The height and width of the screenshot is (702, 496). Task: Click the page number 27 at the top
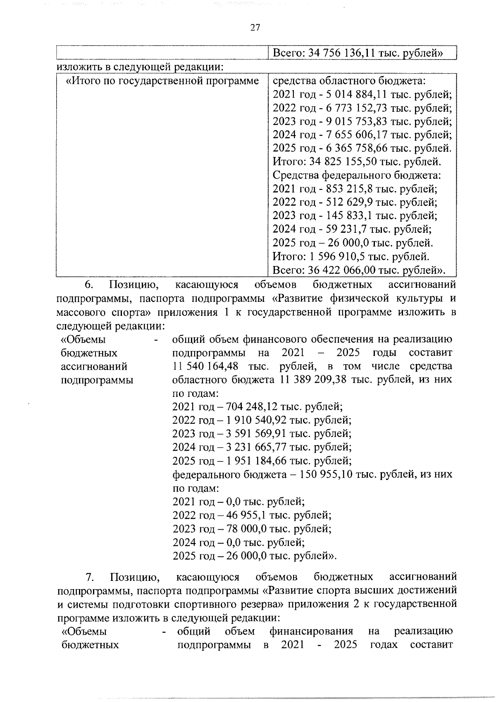pyautogui.click(x=255, y=28)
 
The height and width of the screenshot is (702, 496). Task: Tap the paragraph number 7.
pyautogui.click(x=91, y=577)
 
